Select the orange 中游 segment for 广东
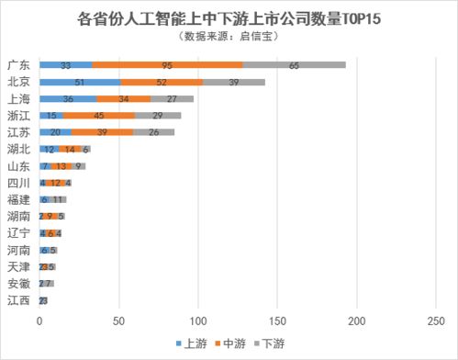pos(167,65)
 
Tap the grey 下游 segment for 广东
pos(295,65)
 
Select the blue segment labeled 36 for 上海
pos(67,98)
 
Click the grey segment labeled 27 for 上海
pos(172,98)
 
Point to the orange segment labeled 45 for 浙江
pos(98,115)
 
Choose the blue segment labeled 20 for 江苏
pos(55,131)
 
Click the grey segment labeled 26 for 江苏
pos(153,131)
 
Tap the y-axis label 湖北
pos(18,148)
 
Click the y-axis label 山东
pos(18,165)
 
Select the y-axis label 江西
pos(18,300)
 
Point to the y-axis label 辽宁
pos(18,232)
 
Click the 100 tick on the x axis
pos(197,321)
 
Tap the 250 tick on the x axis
pos(435,321)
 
